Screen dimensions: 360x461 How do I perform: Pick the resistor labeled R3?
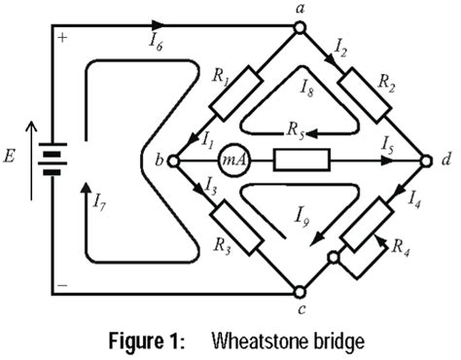[235, 224]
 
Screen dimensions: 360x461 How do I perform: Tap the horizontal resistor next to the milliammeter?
[301, 160]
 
